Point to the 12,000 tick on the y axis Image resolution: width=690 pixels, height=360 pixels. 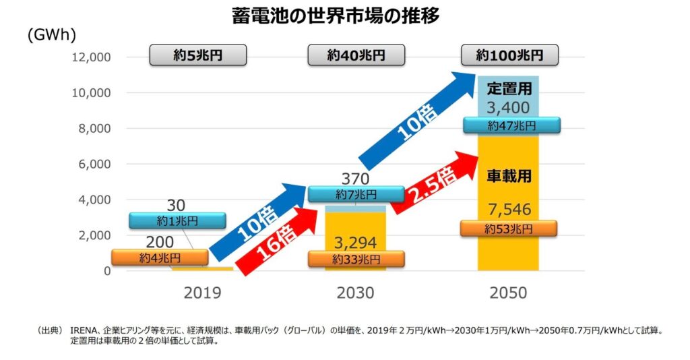pos(90,57)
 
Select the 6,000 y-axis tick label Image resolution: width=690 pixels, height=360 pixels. pos(93,164)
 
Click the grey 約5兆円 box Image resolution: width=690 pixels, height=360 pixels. pos(188,55)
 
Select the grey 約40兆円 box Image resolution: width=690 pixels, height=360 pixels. pos(356,55)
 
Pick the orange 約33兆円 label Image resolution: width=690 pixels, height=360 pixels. pos(356,259)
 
